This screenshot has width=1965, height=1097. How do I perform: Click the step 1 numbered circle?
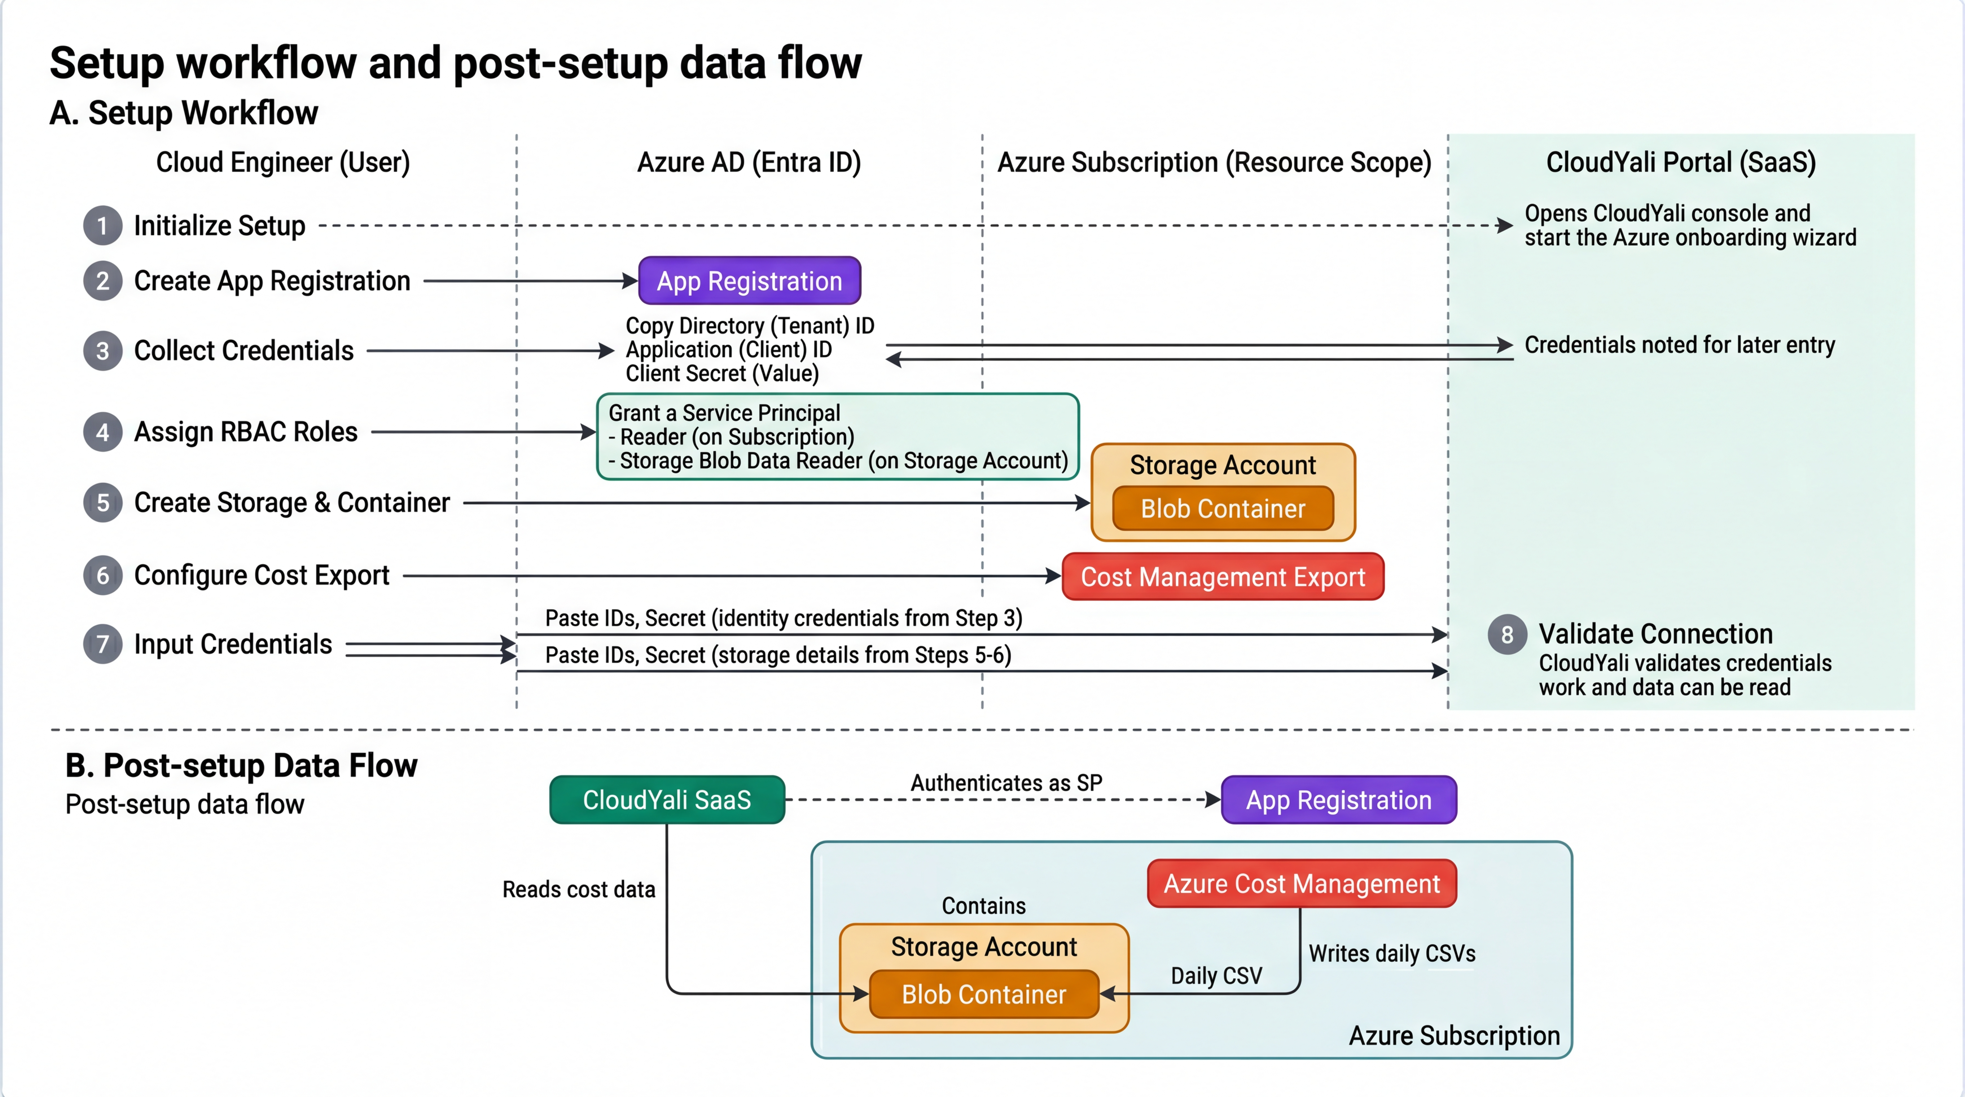click(102, 226)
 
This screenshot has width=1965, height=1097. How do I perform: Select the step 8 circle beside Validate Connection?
click(1507, 635)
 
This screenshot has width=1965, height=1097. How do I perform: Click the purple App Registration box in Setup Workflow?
click(749, 281)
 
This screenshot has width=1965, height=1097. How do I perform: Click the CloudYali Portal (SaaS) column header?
click(1680, 162)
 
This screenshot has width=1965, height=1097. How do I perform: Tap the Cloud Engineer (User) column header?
click(283, 162)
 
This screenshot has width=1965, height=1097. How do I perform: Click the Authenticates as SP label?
click(1006, 783)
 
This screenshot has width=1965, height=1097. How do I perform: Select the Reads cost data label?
click(578, 890)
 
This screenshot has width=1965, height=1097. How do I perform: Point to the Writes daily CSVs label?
click(1391, 953)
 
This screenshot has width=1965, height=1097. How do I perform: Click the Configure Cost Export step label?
click(262, 575)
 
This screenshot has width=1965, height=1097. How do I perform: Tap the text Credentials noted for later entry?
click(1679, 345)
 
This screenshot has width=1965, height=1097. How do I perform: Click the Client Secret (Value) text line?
click(722, 374)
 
